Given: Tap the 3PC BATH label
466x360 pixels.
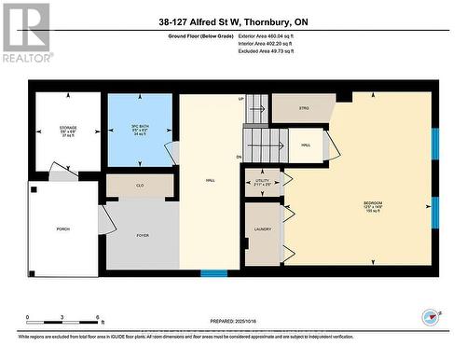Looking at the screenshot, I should pyautogui.click(x=140, y=128).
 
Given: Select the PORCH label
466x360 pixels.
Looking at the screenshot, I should pyautogui.click(x=62, y=228).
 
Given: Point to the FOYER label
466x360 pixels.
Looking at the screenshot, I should pyautogui.click(x=143, y=236).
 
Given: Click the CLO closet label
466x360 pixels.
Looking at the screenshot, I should pyautogui.click(x=140, y=187).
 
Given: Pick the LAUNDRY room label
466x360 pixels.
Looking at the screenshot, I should pyautogui.click(x=262, y=229).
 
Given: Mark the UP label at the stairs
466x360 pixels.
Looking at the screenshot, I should pyautogui.click(x=240, y=99).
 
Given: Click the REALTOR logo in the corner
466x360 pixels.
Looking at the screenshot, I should pyautogui.click(x=25, y=33).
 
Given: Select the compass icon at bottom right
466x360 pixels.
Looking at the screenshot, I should pyautogui.click(x=430, y=315).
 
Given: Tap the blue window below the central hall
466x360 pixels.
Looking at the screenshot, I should pyautogui.click(x=214, y=273).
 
